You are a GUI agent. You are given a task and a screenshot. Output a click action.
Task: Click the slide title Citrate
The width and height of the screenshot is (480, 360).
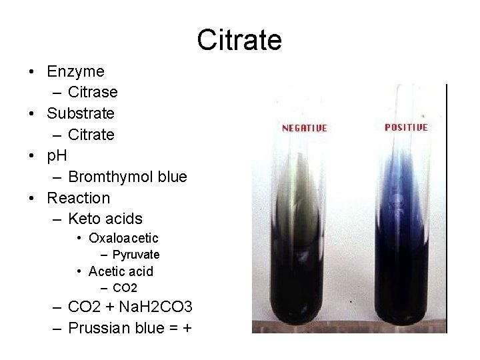coord(239,40)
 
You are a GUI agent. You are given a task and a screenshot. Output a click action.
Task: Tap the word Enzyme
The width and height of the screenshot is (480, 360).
coord(75,71)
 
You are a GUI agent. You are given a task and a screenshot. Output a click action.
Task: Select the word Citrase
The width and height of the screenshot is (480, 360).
coord(93,92)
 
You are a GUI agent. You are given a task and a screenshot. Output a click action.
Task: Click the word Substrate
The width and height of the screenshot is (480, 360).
coord(81,113)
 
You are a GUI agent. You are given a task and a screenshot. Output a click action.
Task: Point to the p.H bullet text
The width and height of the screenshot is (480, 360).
coord(57,156)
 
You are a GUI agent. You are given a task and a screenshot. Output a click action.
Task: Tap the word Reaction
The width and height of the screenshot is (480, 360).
coord(78,198)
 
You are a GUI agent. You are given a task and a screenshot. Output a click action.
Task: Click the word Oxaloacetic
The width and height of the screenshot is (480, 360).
coord(123,238)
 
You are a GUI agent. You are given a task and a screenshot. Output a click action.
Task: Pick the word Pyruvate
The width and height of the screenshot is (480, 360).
coord(136,255)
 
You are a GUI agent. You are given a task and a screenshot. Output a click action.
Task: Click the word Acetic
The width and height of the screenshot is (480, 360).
coord(107,271)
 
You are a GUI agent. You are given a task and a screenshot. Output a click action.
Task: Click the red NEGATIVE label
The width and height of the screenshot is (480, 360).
coord(305,128)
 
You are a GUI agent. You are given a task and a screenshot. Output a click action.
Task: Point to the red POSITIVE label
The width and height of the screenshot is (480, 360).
coord(406,127)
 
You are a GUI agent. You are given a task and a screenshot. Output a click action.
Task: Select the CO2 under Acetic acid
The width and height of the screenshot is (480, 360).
coord(125,288)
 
